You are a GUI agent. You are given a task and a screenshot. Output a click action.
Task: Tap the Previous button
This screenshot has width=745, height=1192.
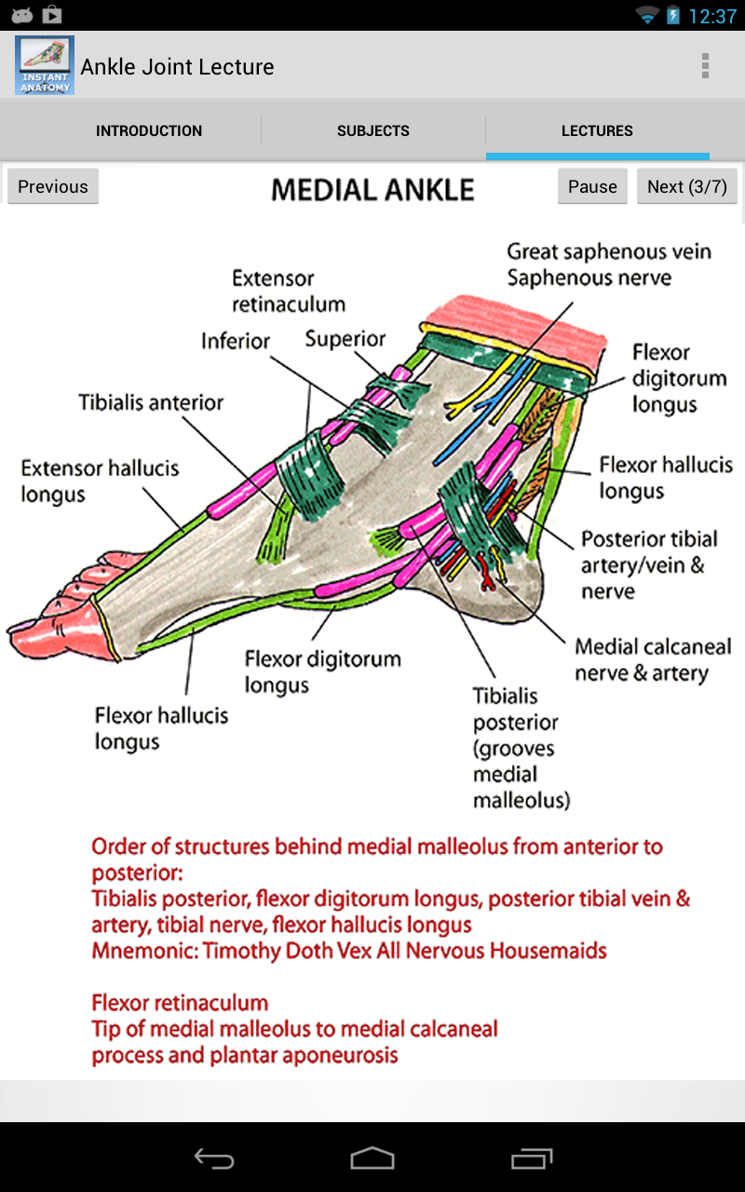(53, 186)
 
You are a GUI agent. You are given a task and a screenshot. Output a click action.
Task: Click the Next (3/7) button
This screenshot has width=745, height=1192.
(686, 186)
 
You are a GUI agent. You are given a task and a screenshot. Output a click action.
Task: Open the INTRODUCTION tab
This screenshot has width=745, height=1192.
(149, 131)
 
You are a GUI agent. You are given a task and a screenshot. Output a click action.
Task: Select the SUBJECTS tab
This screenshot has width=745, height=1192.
(373, 131)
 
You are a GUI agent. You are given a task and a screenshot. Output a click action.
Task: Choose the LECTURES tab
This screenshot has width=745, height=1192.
(597, 131)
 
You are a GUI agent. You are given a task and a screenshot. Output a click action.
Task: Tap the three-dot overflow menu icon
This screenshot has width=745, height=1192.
(705, 66)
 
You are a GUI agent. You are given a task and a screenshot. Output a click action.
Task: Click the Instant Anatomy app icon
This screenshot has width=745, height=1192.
(45, 65)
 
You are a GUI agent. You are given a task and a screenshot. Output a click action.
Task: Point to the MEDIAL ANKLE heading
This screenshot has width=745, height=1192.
(372, 190)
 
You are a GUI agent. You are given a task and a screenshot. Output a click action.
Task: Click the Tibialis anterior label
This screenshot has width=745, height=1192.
(151, 403)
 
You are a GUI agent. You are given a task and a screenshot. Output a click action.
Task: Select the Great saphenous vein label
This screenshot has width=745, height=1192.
(609, 251)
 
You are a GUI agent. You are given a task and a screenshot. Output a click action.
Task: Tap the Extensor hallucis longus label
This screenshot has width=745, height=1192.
(100, 481)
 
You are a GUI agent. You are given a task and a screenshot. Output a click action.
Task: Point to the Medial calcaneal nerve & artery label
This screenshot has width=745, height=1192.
(653, 659)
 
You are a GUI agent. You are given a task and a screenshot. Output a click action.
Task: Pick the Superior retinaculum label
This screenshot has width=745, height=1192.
(345, 339)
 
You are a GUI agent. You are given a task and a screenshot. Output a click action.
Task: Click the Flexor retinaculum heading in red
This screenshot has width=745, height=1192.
(180, 1003)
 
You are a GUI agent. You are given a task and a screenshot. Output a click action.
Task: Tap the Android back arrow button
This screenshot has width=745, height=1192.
(214, 1158)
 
